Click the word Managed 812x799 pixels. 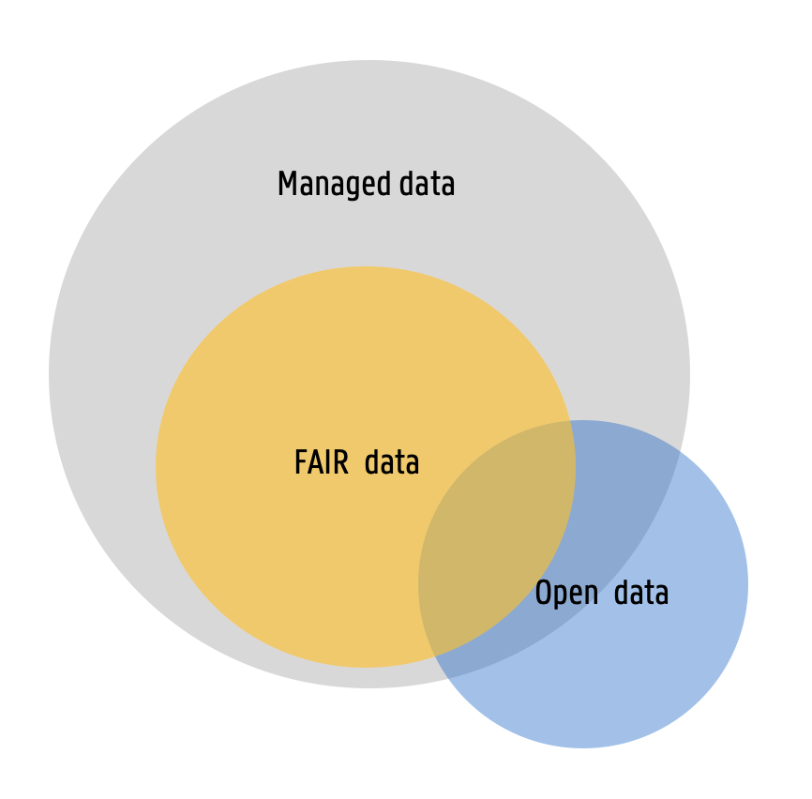(335, 185)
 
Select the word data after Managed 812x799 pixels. (427, 184)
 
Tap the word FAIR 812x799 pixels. (321, 463)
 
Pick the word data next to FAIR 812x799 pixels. (392, 463)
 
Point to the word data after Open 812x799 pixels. (641, 593)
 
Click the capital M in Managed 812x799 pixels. (287, 184)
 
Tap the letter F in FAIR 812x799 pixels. (300, 463)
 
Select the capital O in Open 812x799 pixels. (543, 593)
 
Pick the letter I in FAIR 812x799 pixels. (328, 463)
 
